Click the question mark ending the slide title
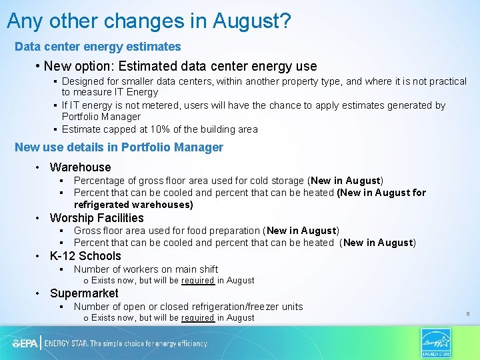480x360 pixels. pyautogui.click(x=285, y=21)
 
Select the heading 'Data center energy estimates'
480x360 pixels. pyautogui.click(x=98, y=47)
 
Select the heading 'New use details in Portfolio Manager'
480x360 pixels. pyautogui.click(x=119, y=147)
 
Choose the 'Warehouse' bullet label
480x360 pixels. pyautogui.click(x=80, y=167)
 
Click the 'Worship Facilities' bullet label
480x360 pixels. pyautogui.click(x=97, y=218)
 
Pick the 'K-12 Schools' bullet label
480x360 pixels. pyautogui.click(x=85, y=256)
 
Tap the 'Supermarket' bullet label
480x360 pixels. pyautogui.click(x=84, y=293)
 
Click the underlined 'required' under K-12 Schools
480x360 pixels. pyautogui.click(x=197, y=281)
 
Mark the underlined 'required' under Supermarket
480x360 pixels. pyautogui.click(x=197, y=318)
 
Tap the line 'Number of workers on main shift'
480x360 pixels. pyautogui.click(x=146, y=269)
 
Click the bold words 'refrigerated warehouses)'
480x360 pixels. pyautogui.click(x=133, y=205)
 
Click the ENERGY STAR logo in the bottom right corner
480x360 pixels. pyautogui.click(x=436, y=343)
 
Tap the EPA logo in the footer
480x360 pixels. pyautogui.click(x=25, y=343)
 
